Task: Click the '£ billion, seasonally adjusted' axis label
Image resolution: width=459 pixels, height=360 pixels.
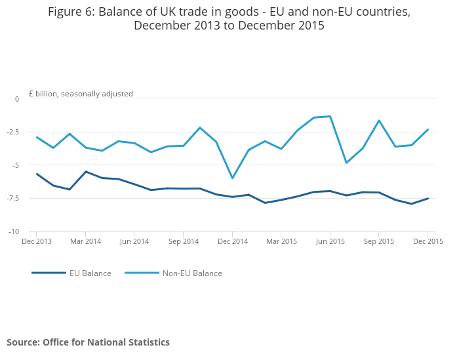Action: click(x=81, y=94)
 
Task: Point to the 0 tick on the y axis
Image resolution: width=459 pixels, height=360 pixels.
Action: click(x=17, y=99)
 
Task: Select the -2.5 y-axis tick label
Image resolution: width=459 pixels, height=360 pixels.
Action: click(x=13, y=132)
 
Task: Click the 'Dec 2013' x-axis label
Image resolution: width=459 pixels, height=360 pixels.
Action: click(x=37, y=241)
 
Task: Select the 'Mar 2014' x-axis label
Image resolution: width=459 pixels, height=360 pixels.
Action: click(x=85, y=241)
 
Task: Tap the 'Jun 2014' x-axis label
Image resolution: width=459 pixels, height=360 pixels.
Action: click(x=134, y=241)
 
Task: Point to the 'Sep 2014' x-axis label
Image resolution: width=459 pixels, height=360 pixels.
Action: click(x=183, y=241)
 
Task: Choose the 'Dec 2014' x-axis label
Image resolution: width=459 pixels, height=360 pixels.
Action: click(x=232, y=241)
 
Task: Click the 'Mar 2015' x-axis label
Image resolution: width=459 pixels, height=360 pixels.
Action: click(x=281, y=241)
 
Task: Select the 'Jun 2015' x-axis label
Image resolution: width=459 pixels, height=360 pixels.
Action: click(x=330, y=241)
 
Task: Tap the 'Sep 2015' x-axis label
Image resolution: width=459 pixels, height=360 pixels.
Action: click(x=378, y=241)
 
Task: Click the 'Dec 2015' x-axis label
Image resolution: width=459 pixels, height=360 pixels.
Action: click(x=428, y=241)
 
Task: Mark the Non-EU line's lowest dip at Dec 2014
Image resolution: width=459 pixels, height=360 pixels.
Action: click(x=232, y=178)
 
